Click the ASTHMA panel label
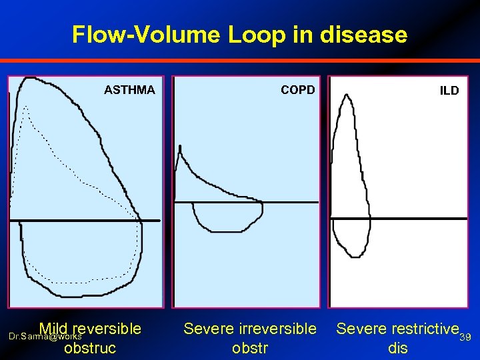coord(129,89)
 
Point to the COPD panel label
coord(297,89)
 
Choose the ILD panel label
coord(449,90)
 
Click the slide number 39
coord(466,337)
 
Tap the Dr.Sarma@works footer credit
coord(45,337)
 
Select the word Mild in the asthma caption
coord(54,328)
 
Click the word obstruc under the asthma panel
coord(90,347)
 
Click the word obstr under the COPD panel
coord(249,347)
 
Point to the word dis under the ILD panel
coord(397,347)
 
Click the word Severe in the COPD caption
coord(209,328)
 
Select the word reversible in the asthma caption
coord(108,328)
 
